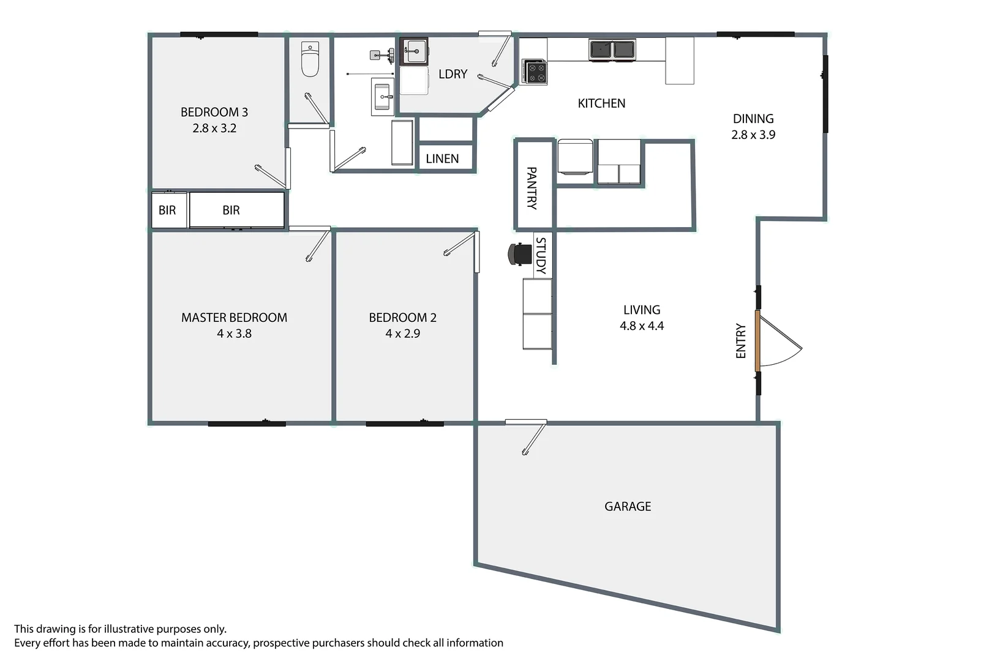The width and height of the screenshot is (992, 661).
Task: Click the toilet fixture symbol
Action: [310, 59]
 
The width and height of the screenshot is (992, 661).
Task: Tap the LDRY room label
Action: [453, 74]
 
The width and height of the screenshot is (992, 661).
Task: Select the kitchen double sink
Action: [612, 50]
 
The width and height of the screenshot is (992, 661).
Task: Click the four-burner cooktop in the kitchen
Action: [534, 72]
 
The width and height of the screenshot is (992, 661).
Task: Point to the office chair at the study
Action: [520, 254]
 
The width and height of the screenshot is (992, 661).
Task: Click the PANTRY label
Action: [532, 188]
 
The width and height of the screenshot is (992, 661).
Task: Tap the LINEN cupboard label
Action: [442, 159]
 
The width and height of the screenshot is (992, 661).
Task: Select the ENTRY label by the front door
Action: [741, 341]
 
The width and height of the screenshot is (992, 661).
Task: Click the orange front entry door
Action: [757, 341]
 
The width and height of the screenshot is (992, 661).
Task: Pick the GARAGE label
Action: [628, 507]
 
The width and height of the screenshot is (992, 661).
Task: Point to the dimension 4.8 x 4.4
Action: [642, 326]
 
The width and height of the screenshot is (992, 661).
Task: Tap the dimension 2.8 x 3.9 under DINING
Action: [753, 135]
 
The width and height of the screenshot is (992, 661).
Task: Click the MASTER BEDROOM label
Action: [234, 318]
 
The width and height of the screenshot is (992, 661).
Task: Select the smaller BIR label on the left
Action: [167, 211]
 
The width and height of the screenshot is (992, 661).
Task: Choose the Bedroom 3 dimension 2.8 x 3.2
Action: [214, 129]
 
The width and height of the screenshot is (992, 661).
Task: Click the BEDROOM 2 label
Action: [402, 318]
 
